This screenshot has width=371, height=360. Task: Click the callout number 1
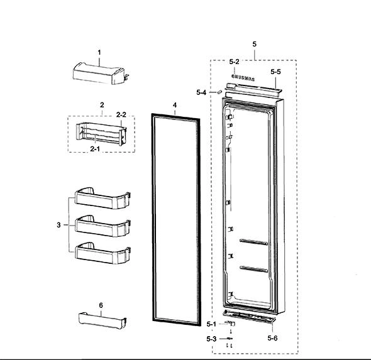(99, 53)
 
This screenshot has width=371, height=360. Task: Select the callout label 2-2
(121, 114)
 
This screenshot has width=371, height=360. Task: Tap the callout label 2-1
(95, 149)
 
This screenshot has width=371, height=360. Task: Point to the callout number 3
(58, 225)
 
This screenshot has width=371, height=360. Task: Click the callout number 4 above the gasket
(175, 105)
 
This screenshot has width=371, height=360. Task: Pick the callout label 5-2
(234, 62)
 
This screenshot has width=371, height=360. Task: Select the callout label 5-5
(275, 72)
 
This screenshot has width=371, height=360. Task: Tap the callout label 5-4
(201, 92)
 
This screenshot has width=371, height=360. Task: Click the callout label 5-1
(211, 324)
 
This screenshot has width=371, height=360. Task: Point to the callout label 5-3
(211, 339)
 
